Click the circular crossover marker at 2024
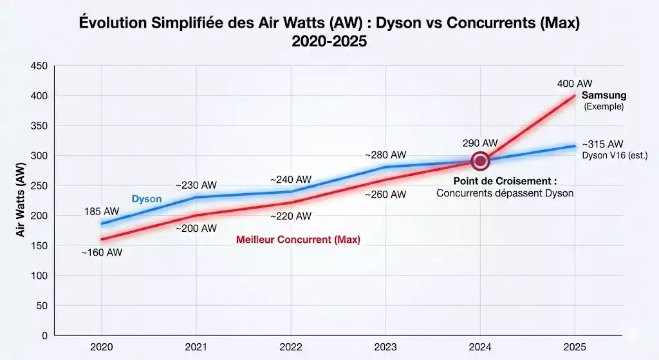click(479, 160)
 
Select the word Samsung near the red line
click(604, 95)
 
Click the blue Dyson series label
click(147, 199)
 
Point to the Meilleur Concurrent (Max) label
click(298, 240)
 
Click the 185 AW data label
click(101, 211)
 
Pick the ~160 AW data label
click(101, 252)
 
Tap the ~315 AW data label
click(603, 144)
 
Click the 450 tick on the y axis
click(39, 66)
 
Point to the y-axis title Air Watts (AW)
click(21, 200)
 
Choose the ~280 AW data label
click(385, 155)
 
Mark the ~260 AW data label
click(385, 194)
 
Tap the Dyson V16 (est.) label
click(615, 155)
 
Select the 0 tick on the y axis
click(44, 336)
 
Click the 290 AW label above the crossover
click(480, 142)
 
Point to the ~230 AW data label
click(196, 185)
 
